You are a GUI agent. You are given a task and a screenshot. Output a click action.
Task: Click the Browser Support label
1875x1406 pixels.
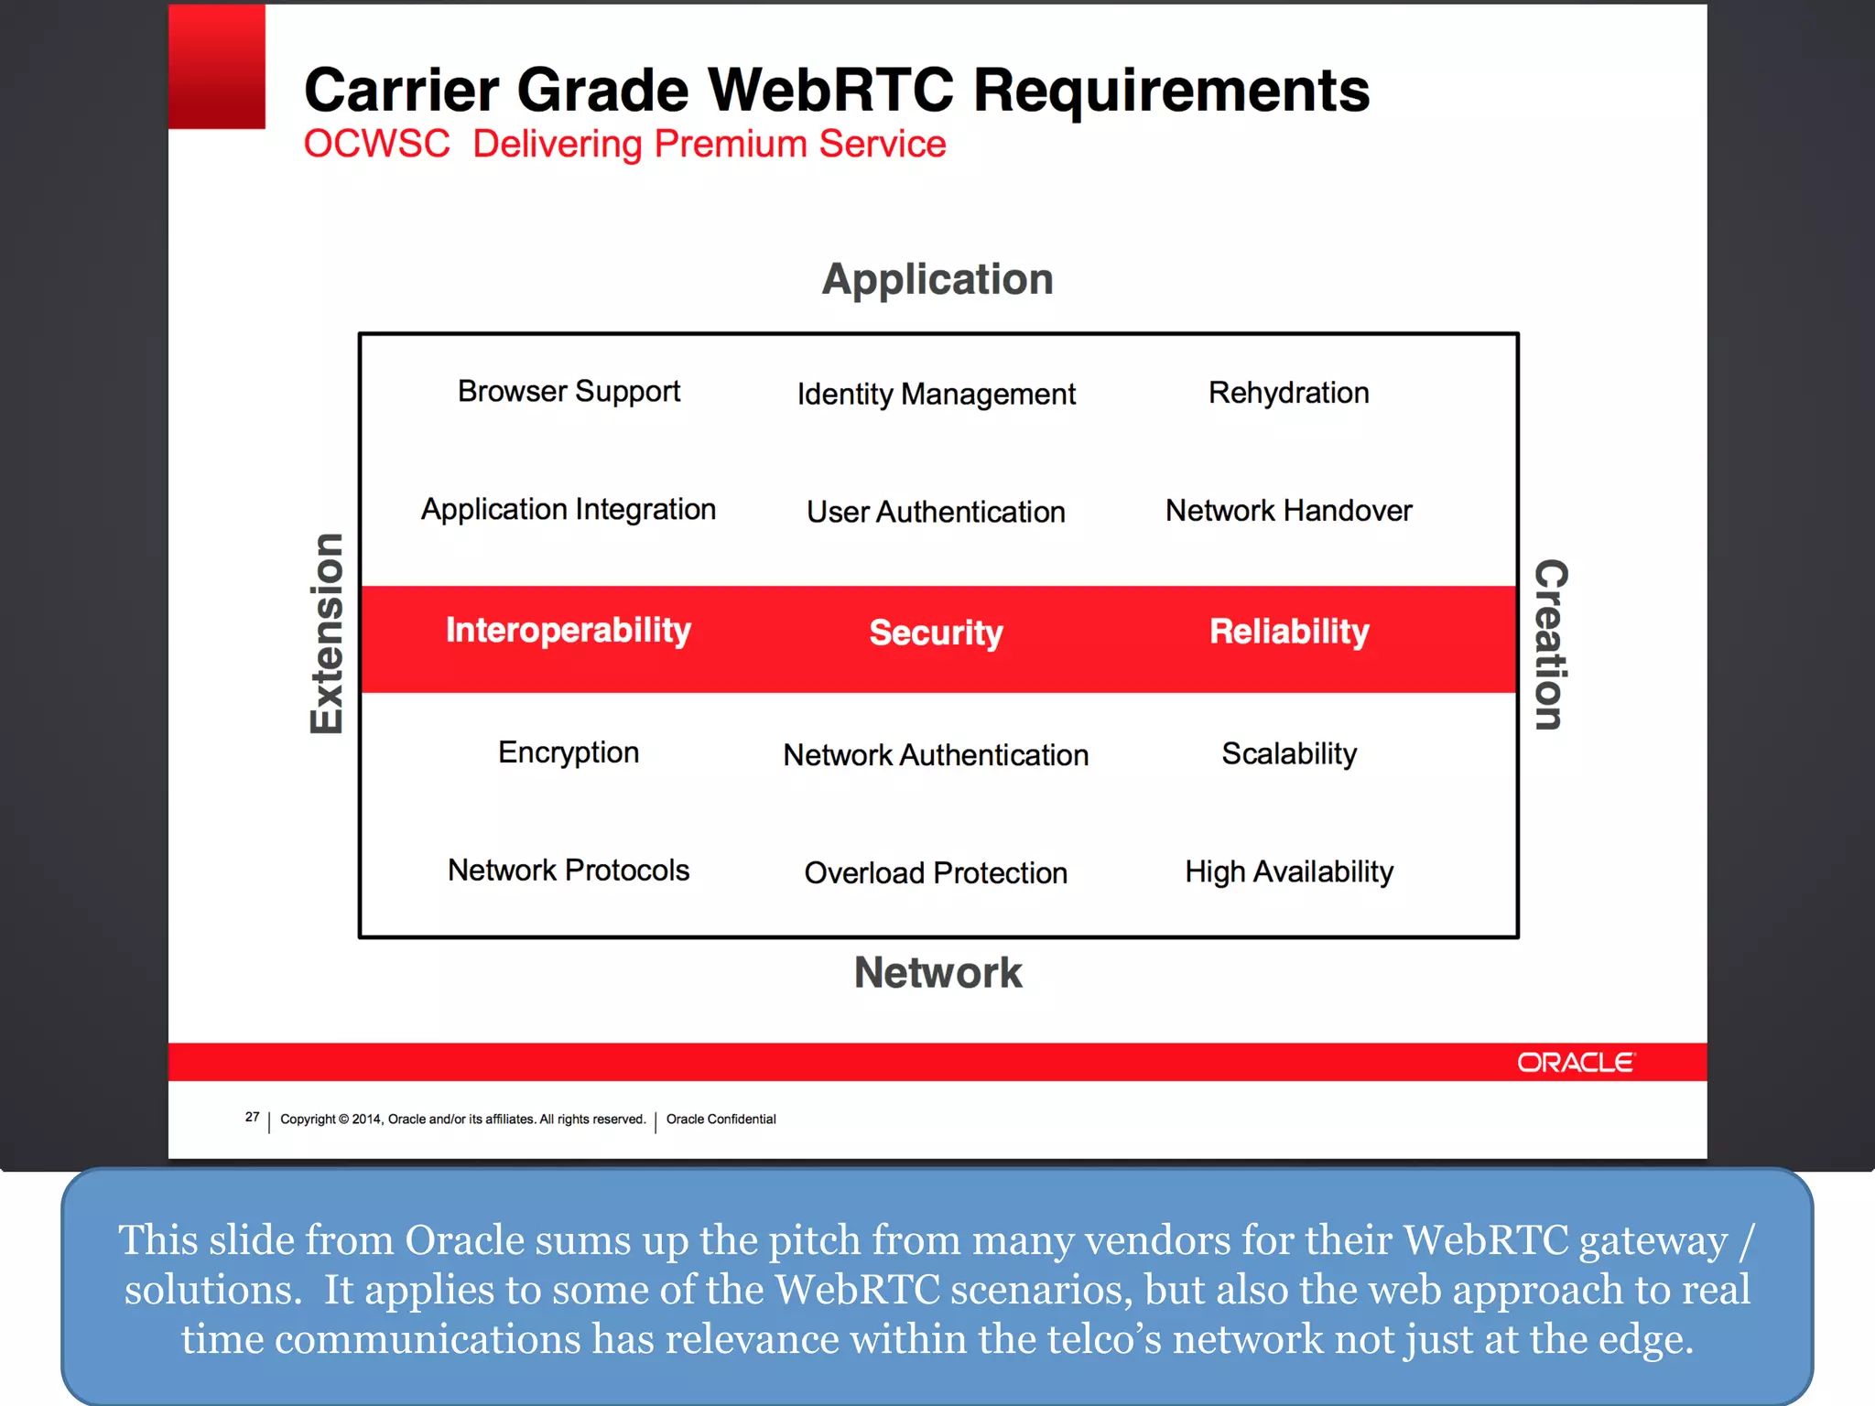point(569,392)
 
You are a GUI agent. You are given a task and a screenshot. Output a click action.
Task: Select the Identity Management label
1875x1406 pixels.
point(936,395)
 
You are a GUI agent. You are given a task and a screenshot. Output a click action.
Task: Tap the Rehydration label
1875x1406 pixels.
point(1288,393)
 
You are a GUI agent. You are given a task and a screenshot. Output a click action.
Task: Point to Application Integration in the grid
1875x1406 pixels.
point(569,510)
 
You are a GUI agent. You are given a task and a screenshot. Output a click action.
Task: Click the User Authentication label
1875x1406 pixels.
point(936,512)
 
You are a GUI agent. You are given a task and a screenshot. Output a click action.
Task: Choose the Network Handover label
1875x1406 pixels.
point(1288,511)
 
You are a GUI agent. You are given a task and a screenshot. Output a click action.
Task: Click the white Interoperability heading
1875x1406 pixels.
point(569,630)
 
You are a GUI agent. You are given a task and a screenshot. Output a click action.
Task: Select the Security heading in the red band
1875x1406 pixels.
point(936,633)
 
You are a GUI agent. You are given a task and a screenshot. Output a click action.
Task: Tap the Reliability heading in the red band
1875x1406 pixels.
point(1288,631)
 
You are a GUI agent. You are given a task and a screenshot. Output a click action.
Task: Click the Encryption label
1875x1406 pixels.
point(569,752)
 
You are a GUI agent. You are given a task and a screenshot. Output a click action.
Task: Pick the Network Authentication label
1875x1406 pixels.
point(936,755)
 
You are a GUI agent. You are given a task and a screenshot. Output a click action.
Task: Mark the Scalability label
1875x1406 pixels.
point(1288,753)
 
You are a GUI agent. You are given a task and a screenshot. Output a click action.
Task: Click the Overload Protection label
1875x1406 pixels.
point(936,872)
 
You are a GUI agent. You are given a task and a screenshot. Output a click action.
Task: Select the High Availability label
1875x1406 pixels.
point(1288,871)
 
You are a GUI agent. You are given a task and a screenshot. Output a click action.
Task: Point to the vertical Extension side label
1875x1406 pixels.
point(327,633)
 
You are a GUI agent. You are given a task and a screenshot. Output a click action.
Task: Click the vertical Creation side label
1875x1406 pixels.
point(1551,644)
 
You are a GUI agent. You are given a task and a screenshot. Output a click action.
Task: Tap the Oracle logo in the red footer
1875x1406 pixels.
point(1576,1063)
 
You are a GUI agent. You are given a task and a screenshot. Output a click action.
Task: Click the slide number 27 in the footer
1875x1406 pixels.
point(252,1117)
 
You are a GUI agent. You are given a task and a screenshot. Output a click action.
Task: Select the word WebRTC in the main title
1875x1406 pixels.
point(830,91)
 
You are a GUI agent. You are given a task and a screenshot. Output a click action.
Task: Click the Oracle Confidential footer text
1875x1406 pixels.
point(721,1119)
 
